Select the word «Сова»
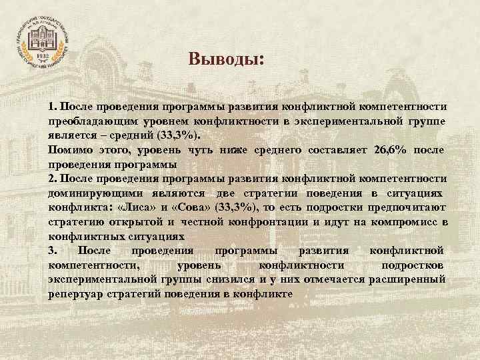(176, 207)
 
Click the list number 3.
(53, 250)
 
